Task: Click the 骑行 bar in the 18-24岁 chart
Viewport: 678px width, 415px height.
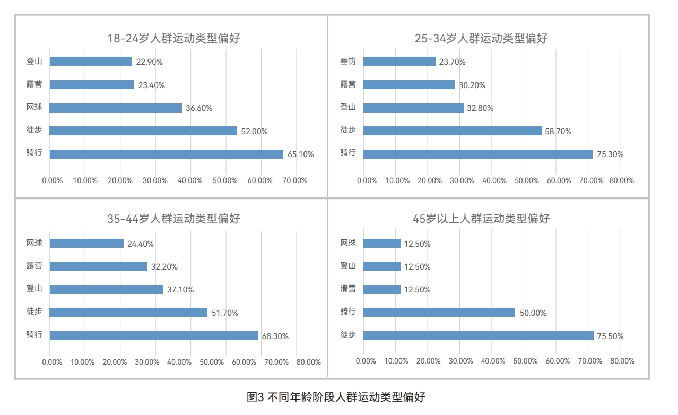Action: click(x=167, y=154)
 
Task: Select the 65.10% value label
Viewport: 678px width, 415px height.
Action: click(x=301, y=154)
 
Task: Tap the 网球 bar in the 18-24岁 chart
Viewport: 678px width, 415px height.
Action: click(x=116, y=108)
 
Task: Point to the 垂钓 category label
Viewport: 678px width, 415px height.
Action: click(x=348, y=61)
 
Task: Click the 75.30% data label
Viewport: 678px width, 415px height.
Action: click(x=610, y=154)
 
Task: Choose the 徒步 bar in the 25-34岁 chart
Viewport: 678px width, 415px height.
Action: click(x=453, y=131)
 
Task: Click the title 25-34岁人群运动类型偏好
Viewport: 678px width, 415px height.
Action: click(x=481, y=38)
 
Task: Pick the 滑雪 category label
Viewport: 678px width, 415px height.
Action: click(x=348, y=289)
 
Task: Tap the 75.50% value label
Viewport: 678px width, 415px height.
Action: click(x=610, y=336)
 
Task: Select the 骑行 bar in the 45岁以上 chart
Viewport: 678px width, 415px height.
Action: click(x=439, y=313)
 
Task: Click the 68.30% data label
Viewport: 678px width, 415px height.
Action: click(x=275, y=336)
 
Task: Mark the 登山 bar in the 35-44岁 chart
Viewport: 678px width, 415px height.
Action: click(x=106, y=289)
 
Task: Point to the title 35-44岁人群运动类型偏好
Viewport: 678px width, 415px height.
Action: click(x=173, y=219)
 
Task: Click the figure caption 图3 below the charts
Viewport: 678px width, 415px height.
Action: click(x=336, y=397)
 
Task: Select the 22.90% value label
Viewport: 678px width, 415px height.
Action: click(x=149, y=62)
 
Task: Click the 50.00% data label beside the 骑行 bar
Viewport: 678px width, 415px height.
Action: click(x=533, y=313)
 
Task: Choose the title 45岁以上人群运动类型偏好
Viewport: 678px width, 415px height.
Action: click(x=481, y=219)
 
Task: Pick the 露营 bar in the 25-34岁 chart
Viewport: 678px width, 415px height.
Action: click(x=409, y=85)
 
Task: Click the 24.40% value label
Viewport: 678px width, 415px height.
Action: click(x=141, y=244)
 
